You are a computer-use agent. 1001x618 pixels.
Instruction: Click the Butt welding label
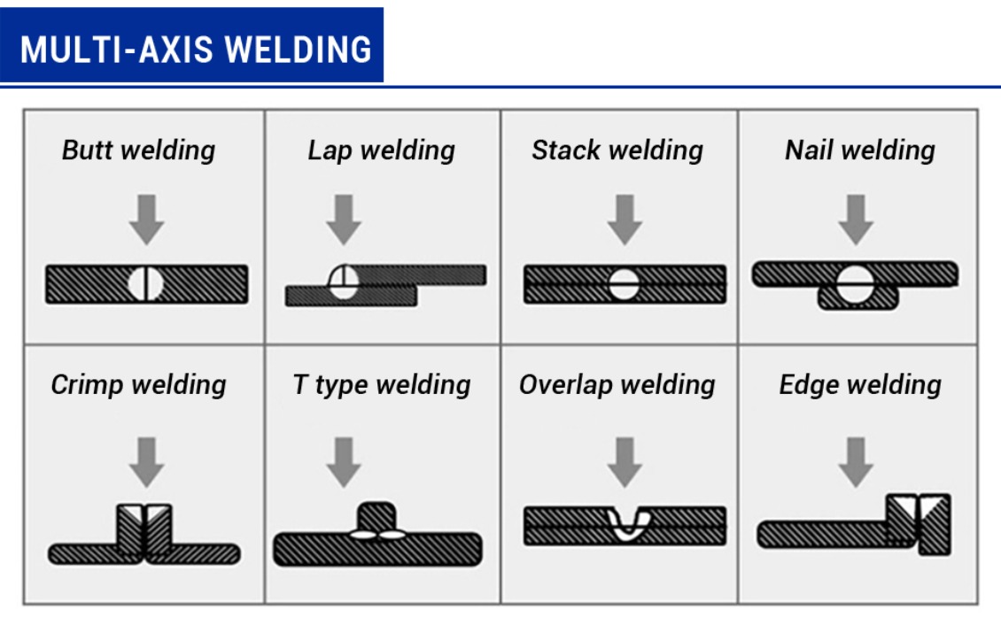point(138,150)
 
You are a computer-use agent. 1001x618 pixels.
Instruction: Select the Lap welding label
point(381,150)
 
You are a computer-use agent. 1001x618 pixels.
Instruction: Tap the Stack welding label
point(617,150)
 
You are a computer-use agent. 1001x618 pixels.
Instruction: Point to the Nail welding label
point(859,150)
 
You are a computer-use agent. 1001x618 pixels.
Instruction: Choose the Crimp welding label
point(138,385)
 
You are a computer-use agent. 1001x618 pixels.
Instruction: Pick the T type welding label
point(381,385)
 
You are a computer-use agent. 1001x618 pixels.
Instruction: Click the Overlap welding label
point(617,385)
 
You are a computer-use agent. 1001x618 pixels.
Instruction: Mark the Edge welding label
point(859,385)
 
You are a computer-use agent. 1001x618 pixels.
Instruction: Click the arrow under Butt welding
point(147,220)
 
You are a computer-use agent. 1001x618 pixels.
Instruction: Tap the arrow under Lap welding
point(344,220)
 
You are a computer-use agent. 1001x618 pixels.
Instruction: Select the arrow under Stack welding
point(625,220)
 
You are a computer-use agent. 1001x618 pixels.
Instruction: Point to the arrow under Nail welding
point(856,220)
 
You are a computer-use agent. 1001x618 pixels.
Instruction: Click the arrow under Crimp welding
point(147,461)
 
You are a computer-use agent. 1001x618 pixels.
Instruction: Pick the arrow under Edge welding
point(856,461)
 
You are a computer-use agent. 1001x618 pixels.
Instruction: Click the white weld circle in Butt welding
point(145,284)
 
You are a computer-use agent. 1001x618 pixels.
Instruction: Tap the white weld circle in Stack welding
point(624,284)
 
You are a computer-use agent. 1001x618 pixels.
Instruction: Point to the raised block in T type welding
point(376,515)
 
